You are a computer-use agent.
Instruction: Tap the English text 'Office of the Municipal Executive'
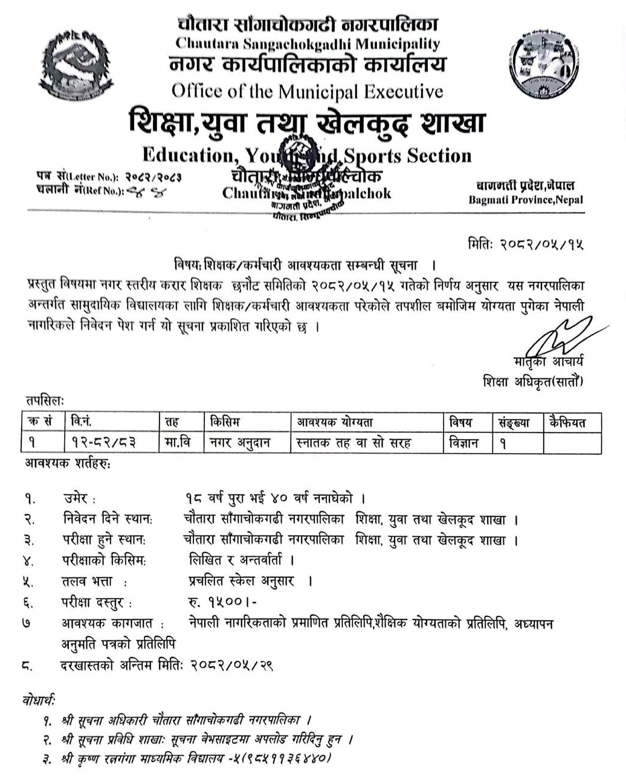pyautogui.click(x=307, y=91)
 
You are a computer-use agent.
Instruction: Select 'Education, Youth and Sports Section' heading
pyautogui.click(x=307, y=155)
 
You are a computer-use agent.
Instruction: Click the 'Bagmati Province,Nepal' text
pyautogui.click(x=525, y=199)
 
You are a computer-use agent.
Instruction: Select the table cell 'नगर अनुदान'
pyautogui.click(x=239, y=443)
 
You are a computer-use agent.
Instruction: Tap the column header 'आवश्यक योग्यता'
pyautogui.click(x=335, y=423)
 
